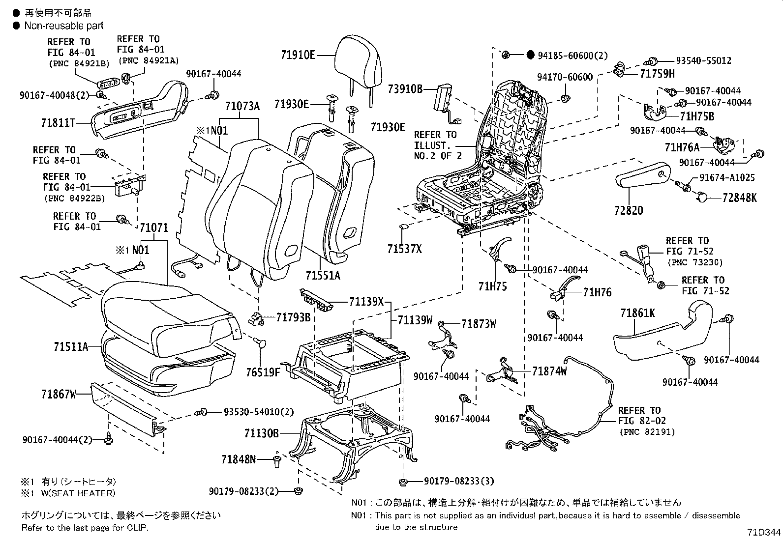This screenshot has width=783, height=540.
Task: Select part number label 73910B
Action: click(405, 88)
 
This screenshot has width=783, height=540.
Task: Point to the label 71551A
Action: click(323, 275)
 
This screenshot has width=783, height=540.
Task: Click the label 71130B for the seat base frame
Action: click(261, 433)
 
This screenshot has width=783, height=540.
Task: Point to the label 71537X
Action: click(404, 249)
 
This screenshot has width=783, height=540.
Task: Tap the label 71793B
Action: click(293, 317)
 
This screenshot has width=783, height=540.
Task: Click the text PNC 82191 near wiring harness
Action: click(647, 432)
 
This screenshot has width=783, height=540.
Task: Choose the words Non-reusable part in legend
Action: click(64, 26)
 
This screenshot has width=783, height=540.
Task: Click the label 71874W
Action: click(549, 371)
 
